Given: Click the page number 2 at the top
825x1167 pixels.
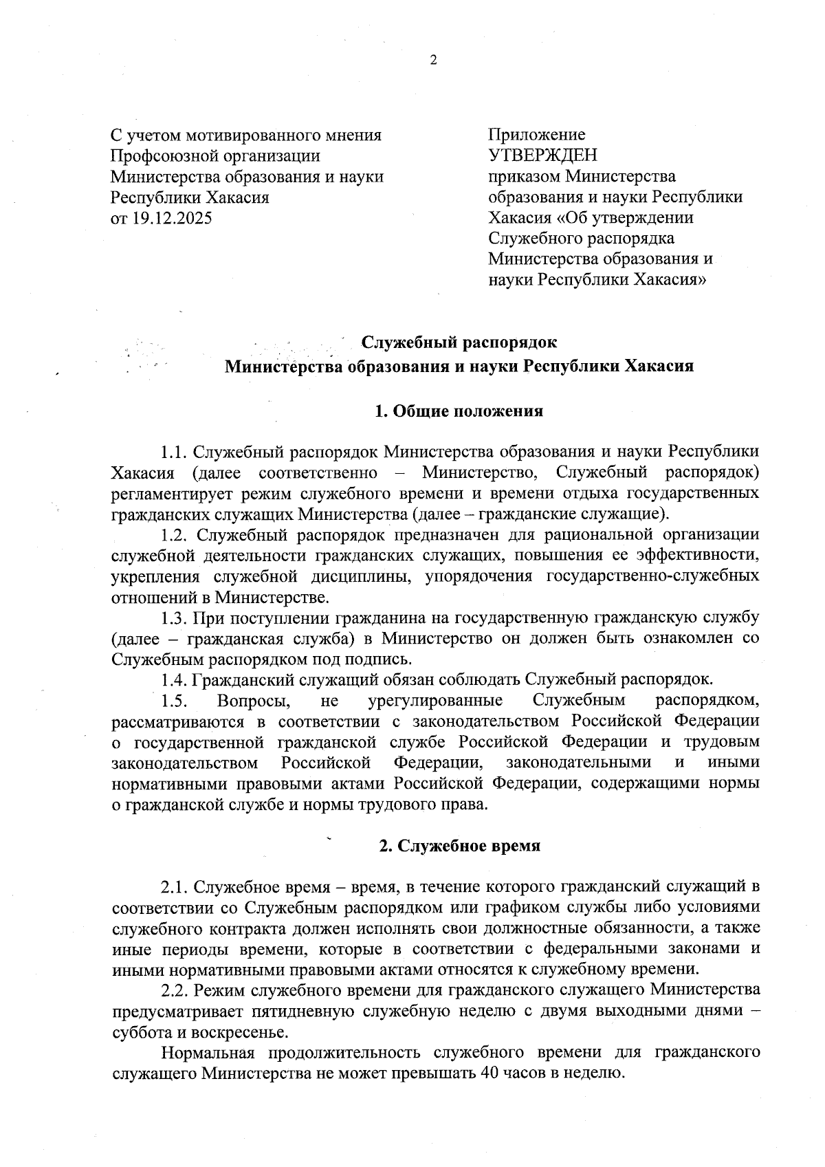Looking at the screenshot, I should [x=433, y=61].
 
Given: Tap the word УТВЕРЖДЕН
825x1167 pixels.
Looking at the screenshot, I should [x=542, y=155].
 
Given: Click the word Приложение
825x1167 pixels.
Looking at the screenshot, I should [x=536, y=135].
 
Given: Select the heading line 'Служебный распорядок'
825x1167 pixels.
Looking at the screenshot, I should [x=459, y=342].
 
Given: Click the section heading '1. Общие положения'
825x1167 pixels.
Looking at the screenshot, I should [x=459, y=411].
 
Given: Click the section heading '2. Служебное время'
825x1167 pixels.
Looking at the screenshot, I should [x=459, y=846].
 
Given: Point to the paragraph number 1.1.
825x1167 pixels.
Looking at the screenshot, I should [x=174, y=452].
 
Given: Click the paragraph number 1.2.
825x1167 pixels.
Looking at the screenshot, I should [x=175, y=535].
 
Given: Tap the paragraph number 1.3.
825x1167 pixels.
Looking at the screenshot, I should [x=175, y=618].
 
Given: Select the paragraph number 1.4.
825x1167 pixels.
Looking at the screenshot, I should [x=175, y=679].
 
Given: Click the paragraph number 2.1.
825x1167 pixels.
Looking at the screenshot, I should [x=175, y=887].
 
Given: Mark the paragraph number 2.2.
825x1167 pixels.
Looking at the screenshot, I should [x=175, y=990].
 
